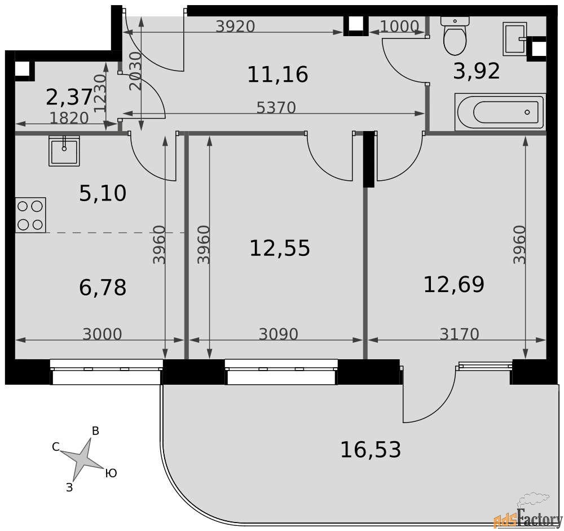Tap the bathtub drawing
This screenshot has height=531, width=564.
click(500, 112)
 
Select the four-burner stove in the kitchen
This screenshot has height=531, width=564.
click(30, 215)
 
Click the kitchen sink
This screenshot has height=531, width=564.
click(64, 151)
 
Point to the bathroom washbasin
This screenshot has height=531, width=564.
click(515, 39)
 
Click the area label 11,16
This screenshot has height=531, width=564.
click(277, 75)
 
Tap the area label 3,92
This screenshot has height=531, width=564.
click(477, 71)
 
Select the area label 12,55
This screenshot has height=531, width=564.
click(280, 248)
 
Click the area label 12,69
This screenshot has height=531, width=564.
click(454, 284)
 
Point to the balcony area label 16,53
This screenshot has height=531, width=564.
click(371, 450)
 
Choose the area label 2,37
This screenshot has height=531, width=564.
click(69, 97)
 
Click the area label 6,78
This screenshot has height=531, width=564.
click(103, 288)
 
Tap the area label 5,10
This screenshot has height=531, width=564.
click(103, 193)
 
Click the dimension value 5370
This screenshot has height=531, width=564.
click(276, 108)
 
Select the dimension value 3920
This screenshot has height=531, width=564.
click(236, 27)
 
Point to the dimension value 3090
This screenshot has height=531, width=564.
click(279, 334)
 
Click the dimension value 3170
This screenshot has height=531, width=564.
click(460, 334)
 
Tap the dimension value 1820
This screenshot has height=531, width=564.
click(69, 118)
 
